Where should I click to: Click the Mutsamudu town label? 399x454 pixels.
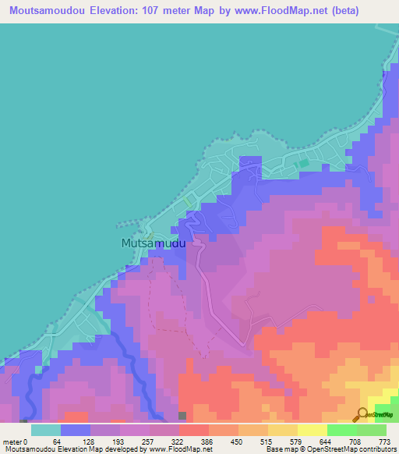point(154,243)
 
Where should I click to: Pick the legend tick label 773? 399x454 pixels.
point(385,441)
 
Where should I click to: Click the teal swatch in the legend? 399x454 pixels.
point(45,430)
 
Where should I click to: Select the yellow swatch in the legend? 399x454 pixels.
point(311,430)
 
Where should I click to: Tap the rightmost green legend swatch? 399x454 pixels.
point(372,430)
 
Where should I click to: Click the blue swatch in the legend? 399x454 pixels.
point(76,430)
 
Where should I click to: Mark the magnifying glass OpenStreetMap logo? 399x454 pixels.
point(363,414)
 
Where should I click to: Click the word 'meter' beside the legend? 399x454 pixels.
point(13,441)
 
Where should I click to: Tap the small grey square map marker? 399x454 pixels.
point(182,416)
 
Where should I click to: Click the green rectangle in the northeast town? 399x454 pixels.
point(304,164)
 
